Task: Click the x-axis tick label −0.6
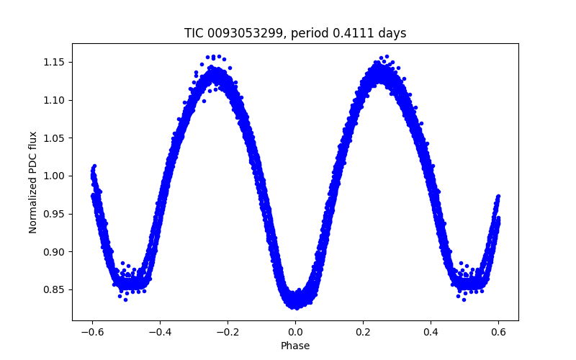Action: coord(91,332)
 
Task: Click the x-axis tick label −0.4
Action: coord(159,332)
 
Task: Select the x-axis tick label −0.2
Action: coord(227,332)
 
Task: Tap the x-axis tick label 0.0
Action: coord(295,332)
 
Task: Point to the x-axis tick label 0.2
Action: coord(363,332)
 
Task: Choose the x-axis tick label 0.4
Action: coord(431,332)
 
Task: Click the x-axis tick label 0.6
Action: coord(498,332)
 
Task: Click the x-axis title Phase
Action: coord(295,346)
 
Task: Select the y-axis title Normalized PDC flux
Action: coord(33,182)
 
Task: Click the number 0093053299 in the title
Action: coord(242,33)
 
